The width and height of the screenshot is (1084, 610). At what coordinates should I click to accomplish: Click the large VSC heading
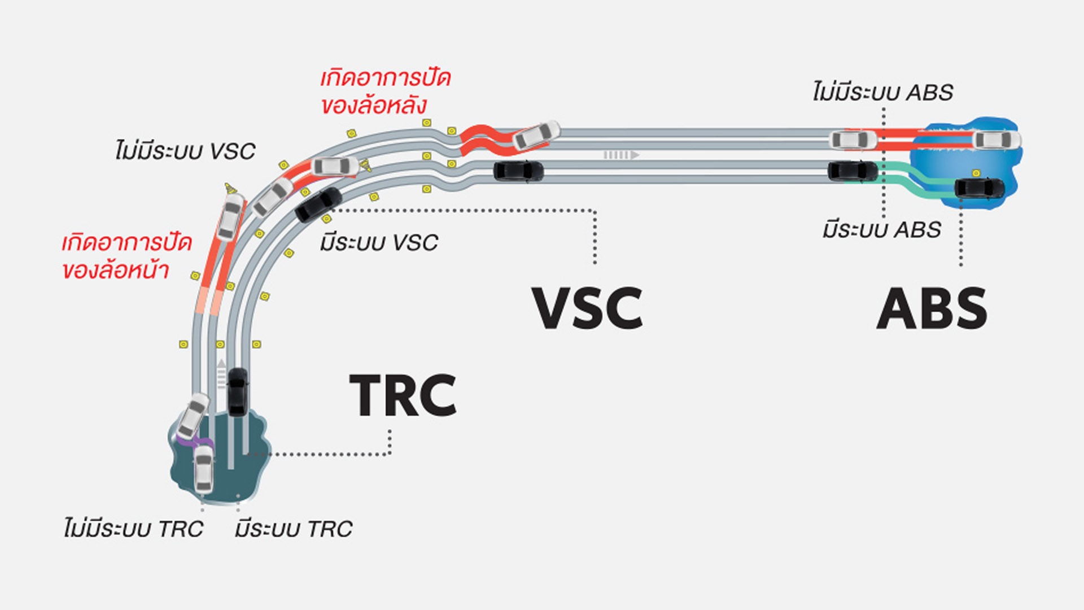coord(587,308)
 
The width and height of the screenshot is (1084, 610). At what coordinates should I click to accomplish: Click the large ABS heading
coord(932,308)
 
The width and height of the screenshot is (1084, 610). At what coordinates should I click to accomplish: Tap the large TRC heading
coord(403,395)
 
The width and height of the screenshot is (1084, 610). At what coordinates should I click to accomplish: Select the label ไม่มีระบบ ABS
coord(883,93)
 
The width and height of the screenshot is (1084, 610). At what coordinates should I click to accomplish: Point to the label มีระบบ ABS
coord(881,230)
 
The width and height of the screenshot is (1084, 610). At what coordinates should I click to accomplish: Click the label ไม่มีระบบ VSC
coord(185,151)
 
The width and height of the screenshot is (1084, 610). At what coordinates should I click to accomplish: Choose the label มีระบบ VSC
coord(379,243)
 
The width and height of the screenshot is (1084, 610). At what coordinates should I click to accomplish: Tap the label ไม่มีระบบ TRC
coord(133,529)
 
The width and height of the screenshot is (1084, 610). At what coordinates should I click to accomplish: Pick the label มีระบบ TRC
coord(294,529)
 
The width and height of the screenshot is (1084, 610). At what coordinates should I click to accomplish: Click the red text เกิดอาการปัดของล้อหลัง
coord(385,91)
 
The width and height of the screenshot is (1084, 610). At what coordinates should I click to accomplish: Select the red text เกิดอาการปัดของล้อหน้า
coord(126,256)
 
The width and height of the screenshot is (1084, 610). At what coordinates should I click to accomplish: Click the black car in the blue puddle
coord(980,188)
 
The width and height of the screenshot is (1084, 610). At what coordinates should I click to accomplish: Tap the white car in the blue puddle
coord(997,140)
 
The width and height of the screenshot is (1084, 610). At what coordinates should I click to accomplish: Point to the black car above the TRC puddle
coord(237,392)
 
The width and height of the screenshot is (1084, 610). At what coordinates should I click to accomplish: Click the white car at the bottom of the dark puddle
coord(204,468)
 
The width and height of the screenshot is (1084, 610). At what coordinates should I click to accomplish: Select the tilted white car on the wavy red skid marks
coord(536,136)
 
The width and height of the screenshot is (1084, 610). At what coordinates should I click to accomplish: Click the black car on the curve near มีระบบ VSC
coord(318,204)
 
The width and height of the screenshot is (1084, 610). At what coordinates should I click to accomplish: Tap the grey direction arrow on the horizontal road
coord(621,155)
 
